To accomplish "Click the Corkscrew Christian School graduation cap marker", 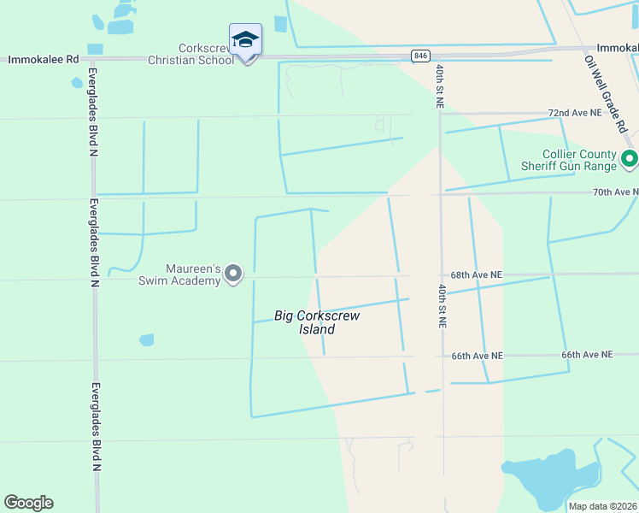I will (245, 40).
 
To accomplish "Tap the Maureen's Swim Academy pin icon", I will (233, 274).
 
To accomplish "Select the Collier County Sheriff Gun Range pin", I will (630, 158).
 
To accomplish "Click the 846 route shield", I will (420, 56).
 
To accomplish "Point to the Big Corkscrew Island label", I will (317, 322).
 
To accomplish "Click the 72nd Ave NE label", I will (572, 113).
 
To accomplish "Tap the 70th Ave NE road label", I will (615, 192).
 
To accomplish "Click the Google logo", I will (28, 503).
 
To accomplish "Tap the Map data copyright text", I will (603, 506).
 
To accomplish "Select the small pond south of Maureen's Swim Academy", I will (146, 340).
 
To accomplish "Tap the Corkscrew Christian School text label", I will (191, 55).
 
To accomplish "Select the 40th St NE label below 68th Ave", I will (443, 306).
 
